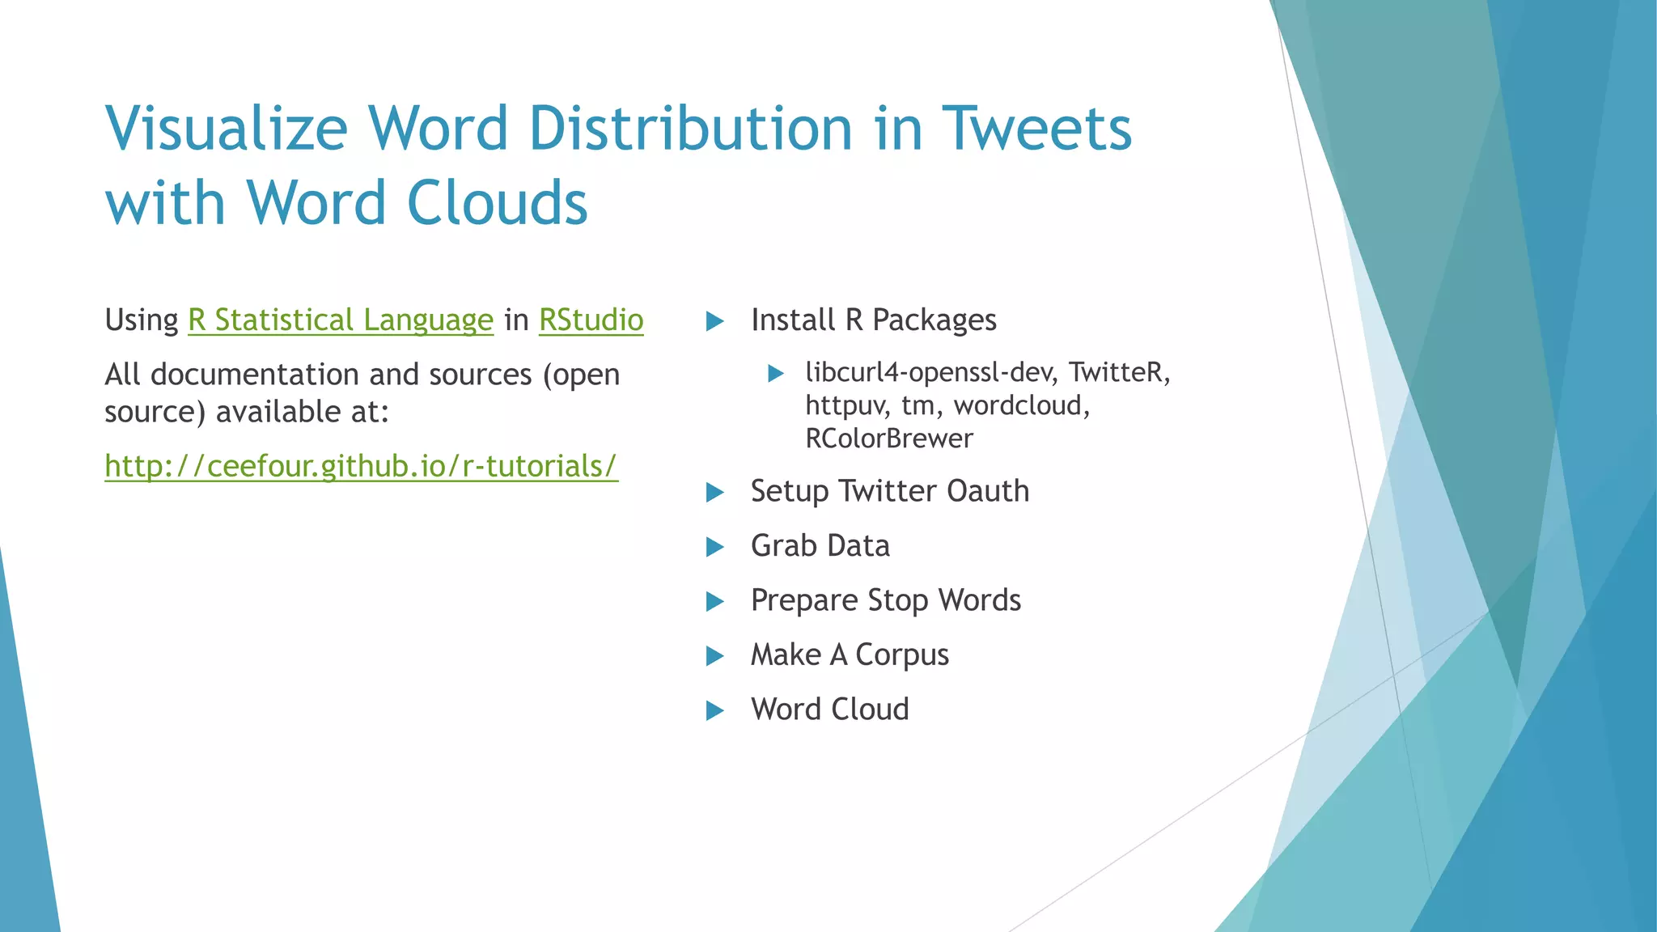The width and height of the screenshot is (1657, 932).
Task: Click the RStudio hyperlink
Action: [x=591, y=320]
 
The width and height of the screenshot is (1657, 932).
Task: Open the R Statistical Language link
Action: [x=340, y=320]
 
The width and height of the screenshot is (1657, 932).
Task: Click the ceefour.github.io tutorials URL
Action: [x=361, y=467]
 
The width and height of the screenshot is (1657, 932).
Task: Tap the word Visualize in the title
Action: [x=227, y=129]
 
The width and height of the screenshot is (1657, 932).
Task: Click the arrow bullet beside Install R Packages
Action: [x=714, y=322]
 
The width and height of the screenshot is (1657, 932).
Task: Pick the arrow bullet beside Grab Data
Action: [x=714, y=548]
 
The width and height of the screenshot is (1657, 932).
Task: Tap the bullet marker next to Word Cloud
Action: [x=714, y=711]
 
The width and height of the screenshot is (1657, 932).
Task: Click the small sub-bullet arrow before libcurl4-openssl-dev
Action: [x=776, y=374]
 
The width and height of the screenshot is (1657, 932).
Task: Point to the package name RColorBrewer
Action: [x=888, y=438]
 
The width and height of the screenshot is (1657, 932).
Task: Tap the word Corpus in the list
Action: [x=902, y=655]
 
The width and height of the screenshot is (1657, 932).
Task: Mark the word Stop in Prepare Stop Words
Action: [x=897, y=601]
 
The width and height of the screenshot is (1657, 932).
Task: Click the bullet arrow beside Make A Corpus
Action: [x=714, y=656]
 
